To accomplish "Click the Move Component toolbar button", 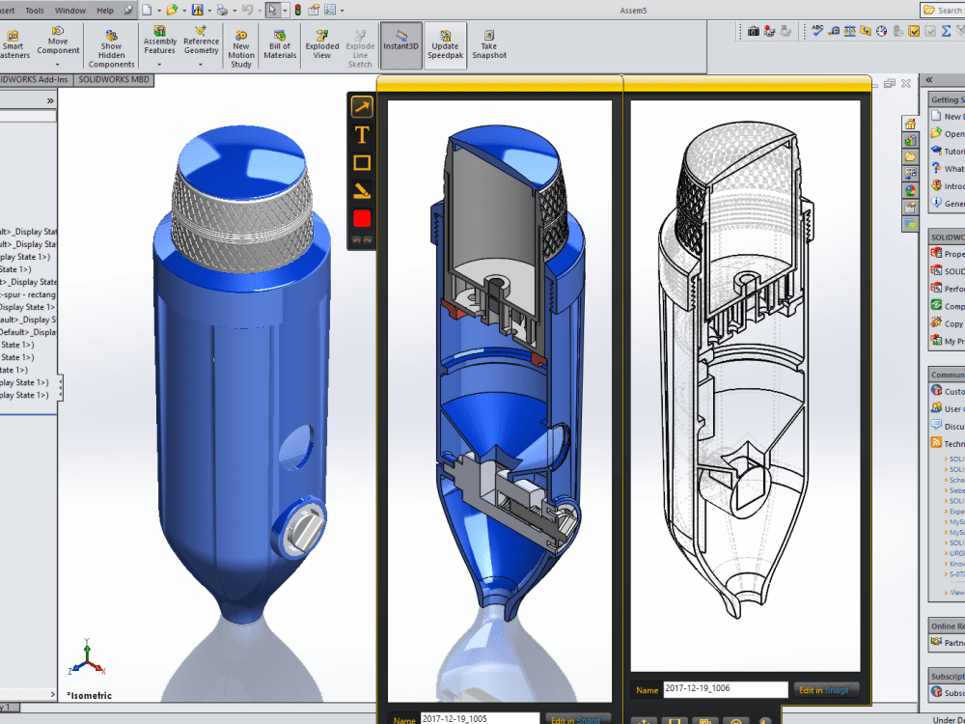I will click(58, 43).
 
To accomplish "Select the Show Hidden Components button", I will click(112, 47).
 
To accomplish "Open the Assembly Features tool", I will click(160, 43).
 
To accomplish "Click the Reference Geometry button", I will click(201, 43).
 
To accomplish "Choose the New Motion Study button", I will click(241, 47).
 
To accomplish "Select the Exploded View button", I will click(322, 43).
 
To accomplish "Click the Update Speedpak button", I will click(445, 44).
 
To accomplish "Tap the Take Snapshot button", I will click(489, 43).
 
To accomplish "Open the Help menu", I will click(104, 11).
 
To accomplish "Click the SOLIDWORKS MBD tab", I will click(114, 79).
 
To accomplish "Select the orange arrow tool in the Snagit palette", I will click(362, 107).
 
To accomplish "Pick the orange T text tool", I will click(362, 135).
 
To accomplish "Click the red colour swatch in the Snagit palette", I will click(362, 218).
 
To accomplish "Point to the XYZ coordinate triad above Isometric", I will click(87, 659).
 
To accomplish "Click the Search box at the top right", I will click(943, 11).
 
